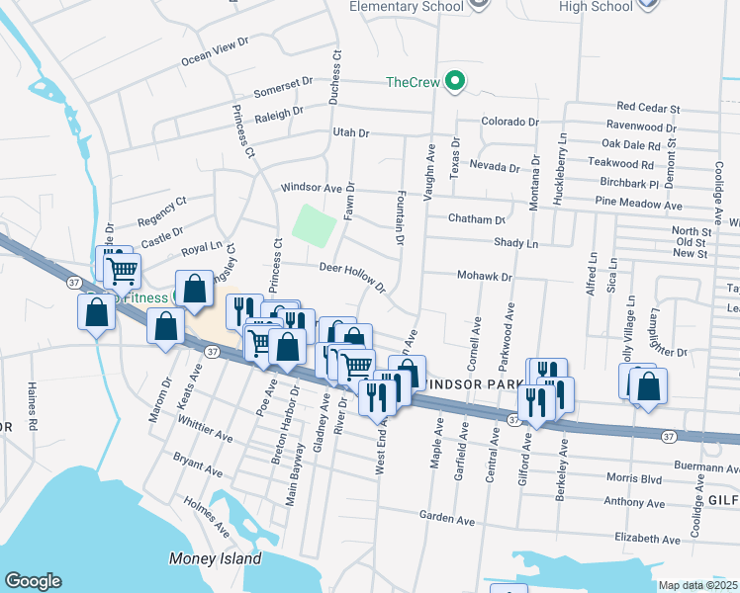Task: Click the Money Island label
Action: click(215, 558)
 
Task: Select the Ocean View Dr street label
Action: click(213, 53)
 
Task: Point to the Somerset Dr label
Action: click(283, 87)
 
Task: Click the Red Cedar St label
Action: click(649, 107)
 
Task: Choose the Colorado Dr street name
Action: click(509, 123)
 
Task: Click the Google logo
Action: click(33, 581)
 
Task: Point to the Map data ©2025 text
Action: click(697, 585)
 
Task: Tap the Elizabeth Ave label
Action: click(648, 540)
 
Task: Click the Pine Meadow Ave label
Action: click(639, 205)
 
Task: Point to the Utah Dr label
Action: click(350, 132)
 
